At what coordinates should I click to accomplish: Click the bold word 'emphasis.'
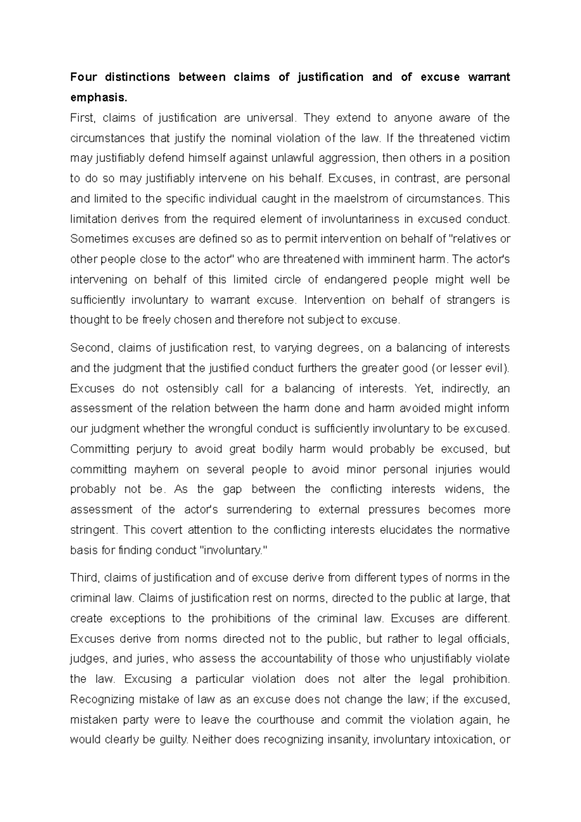click(99, 97)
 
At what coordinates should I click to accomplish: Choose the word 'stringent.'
click(94, 530)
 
